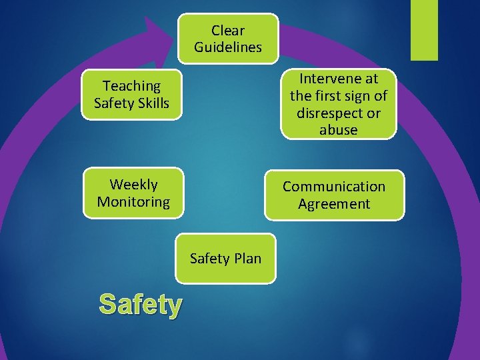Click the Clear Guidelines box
tap(228, 39)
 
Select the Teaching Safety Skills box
tap(131, 94)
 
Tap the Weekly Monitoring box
tap(133, 193)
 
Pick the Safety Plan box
tap(225, 258)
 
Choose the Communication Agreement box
tap(334, 195)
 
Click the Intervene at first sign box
tap(338, 104)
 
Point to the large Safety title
tap(140, 305)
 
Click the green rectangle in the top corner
tap(424, 30)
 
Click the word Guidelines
tap(228, 47)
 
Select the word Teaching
tap(131, 85)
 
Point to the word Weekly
tap(133, 184)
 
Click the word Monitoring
tap(133, 201)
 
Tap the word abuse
tap(338, 130)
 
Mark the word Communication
tap(334, 187)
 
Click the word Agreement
tap(334, 204)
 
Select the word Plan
tap(247, 258)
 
